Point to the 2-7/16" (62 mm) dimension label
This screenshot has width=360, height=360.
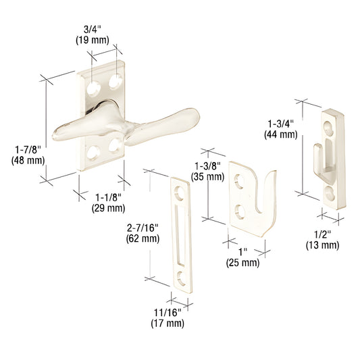point(143,232)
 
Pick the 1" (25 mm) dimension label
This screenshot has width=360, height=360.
point(242,257)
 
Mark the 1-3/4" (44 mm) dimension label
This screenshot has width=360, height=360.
point(281,129)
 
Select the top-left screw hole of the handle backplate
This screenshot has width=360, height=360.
point(93,87)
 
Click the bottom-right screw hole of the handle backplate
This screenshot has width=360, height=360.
point(113,143)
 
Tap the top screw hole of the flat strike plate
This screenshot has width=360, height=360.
point(179,191)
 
